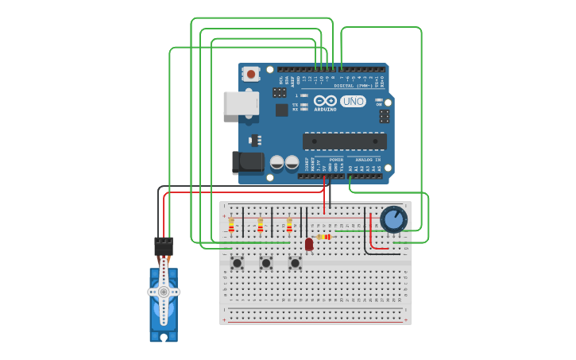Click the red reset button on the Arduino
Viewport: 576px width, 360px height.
click(x=251, y=74)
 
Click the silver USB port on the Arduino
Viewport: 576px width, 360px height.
click(x=240, y=103)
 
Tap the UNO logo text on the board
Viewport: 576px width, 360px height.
click(x=353, y=101)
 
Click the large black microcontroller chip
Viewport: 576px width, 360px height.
click(x=344, y=141)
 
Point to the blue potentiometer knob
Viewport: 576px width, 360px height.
click(x=393, y=219)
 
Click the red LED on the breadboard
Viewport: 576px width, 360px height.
click(x=309, y=244)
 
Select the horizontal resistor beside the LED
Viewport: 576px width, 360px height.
click(x=323, y=237)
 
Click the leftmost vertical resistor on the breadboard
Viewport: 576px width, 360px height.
click(x=231, y=226)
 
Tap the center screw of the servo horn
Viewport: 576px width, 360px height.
click(x=164, y=292)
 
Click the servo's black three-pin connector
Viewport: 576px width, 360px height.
click(x=164, y=246)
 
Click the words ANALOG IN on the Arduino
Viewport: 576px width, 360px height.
click(x=366, y=159)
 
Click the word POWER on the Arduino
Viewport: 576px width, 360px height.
click(x=336, y=159)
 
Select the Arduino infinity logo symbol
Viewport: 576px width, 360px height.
click(x=325, y=101)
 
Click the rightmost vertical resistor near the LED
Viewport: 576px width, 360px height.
click(x=289, y=226)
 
